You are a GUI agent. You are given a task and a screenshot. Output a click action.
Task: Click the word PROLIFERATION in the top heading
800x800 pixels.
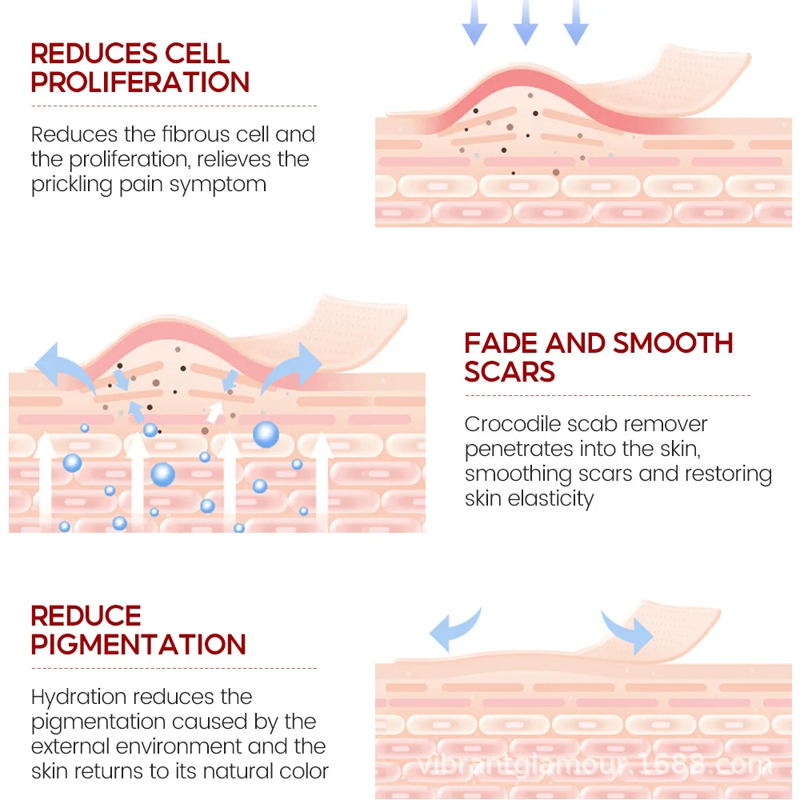click(140, 82)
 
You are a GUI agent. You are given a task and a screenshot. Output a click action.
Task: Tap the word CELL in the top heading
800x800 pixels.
click(198, 54)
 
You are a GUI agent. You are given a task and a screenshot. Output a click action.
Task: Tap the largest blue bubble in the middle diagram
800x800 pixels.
click(266, 434)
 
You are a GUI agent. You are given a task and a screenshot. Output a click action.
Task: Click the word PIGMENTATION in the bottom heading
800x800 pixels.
click(138, 644)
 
